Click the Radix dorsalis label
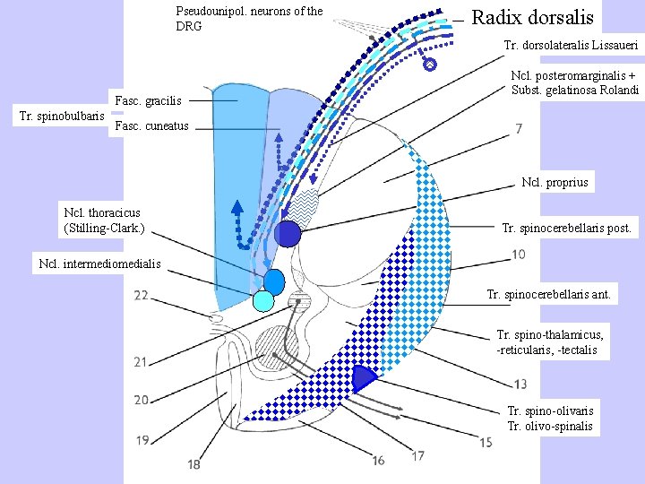pyautogui.click(x=532, y=17)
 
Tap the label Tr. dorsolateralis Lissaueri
pyautogui.click(x=571, y=45)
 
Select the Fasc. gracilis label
pyautogui.click(x=149, y=100)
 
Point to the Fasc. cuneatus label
pyautogui.click(x=152, y=125)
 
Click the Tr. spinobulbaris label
pyautogui.click(x=62, y=115)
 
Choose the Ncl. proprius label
pyautogui.click(x=555, y=183)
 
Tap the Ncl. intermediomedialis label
pyautogui.click(x=100, y=264)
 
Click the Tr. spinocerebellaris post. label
pyautogui.click(x=567, y=229)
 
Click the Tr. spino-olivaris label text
pyautogui.click(x=550, y=411)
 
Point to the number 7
pyautogui.click(x=520, y=130)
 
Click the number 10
pyautogui.click(x=519, y=255)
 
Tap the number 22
pyautogui.click(x=142, y=295)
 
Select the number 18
pyautogui.click(x=194, y=464)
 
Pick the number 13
pyautogui.click(x=520, y=384)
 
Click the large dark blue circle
pyautogui.click(x=288, y=234)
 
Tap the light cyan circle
pyautogui.click(x=263, y=301)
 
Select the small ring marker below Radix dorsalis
pyautogui.click(x=430, y=65)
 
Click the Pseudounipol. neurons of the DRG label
pyautogui.click(x=249, y=19)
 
